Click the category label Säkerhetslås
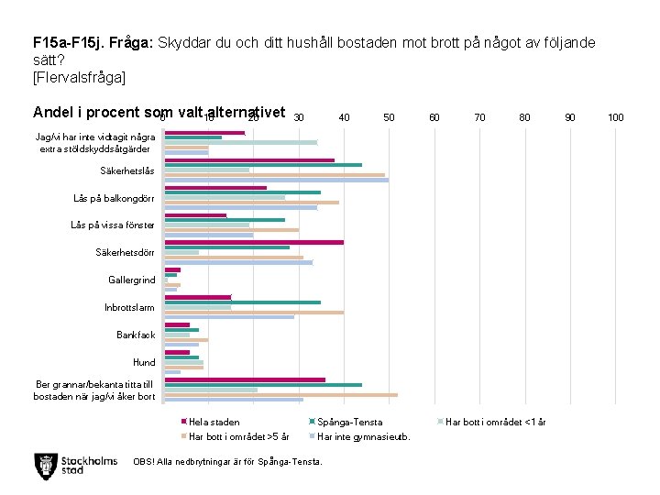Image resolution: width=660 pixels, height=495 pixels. (x=126, y=170)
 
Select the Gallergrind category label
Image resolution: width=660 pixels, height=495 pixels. (x=131, y=280)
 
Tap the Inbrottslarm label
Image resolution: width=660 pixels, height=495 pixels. (x=129, y=307)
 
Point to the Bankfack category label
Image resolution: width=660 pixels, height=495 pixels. (x=136, y=335)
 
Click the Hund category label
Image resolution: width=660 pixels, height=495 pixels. (x=144, y=362)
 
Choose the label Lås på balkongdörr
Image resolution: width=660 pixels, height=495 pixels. (x=114, y=198)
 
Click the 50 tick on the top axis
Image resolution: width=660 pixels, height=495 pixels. (x=389, y=117)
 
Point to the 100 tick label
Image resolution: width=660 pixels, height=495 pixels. (x=616, y=117)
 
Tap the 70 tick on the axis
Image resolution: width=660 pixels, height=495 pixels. (x=479, y=117)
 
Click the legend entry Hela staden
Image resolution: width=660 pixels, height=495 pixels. (x=214, y=422)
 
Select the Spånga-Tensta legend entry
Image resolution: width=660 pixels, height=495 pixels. (x=349, y=422)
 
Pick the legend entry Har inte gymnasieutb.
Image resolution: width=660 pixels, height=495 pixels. (x=363, y=435)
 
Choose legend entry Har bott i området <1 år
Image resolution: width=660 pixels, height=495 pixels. (x=495, y=422)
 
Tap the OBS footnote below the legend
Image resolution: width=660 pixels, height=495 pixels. (x=227, y=461)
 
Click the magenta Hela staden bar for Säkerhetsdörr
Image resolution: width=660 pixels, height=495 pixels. (x=254, y=242)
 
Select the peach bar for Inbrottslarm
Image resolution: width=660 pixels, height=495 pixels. (x=254, y=313)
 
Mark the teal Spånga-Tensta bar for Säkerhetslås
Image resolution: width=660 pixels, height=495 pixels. (x=263, y=165)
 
